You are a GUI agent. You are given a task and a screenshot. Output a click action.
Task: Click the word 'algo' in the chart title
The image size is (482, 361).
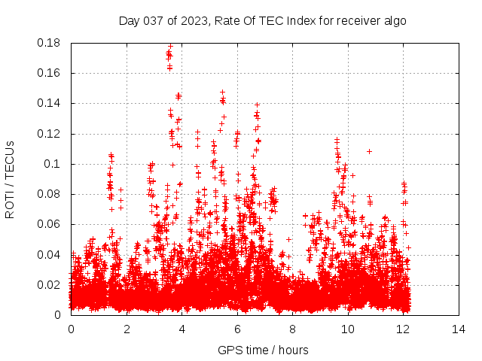pos(394,21)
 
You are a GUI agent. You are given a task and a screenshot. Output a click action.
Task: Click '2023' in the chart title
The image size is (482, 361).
pos(197,21)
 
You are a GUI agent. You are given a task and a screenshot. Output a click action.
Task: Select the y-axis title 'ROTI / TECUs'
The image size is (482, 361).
pos(10,179)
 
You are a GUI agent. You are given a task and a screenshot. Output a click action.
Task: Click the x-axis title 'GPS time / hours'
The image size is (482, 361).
pos(264,350)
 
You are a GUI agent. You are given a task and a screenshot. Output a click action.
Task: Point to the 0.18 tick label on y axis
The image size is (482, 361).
pos(50,43)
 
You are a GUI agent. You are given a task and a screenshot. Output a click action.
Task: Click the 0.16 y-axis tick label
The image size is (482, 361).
pos(50,73)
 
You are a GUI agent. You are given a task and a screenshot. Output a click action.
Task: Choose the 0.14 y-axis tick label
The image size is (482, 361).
pos(50,103)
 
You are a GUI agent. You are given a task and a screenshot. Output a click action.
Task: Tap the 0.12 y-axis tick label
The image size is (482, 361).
pos(50,134)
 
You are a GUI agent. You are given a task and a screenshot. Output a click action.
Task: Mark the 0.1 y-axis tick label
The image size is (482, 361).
pos(53,164)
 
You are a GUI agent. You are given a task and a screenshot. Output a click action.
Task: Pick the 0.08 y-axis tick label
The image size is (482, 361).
pos(50,194)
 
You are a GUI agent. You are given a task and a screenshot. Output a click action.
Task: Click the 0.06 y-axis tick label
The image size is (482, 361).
pos(50,224)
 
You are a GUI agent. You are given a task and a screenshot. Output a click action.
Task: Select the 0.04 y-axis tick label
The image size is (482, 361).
pos(50,254)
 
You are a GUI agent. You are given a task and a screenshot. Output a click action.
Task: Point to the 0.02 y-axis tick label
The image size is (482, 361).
pos(50,285)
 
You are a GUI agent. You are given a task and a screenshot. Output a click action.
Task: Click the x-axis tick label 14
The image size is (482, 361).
pos(459,329)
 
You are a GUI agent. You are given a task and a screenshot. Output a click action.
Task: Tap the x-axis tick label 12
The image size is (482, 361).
pos(403,329)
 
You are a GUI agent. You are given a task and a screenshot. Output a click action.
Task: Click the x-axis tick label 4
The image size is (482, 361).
pos(182,329)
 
